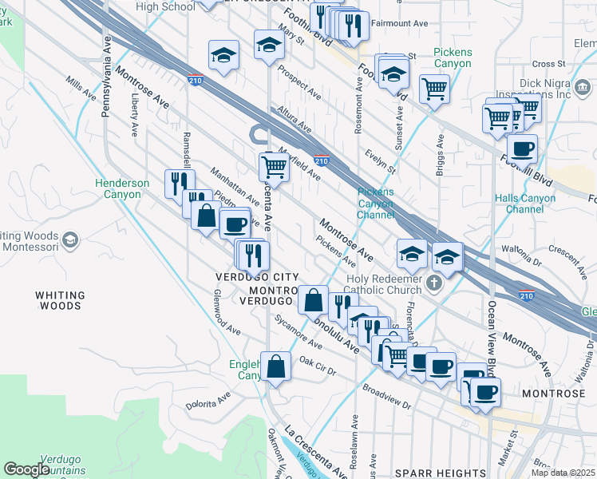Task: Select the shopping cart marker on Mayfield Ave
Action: click(x=274, y=167)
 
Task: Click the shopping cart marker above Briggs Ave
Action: click(x=434, y=89)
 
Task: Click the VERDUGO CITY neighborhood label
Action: click(x=251, y=276)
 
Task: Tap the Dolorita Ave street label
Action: click(x=208, y=399)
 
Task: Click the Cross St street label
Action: click(x=548, y=64)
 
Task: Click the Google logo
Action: click(x=26, y=469)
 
